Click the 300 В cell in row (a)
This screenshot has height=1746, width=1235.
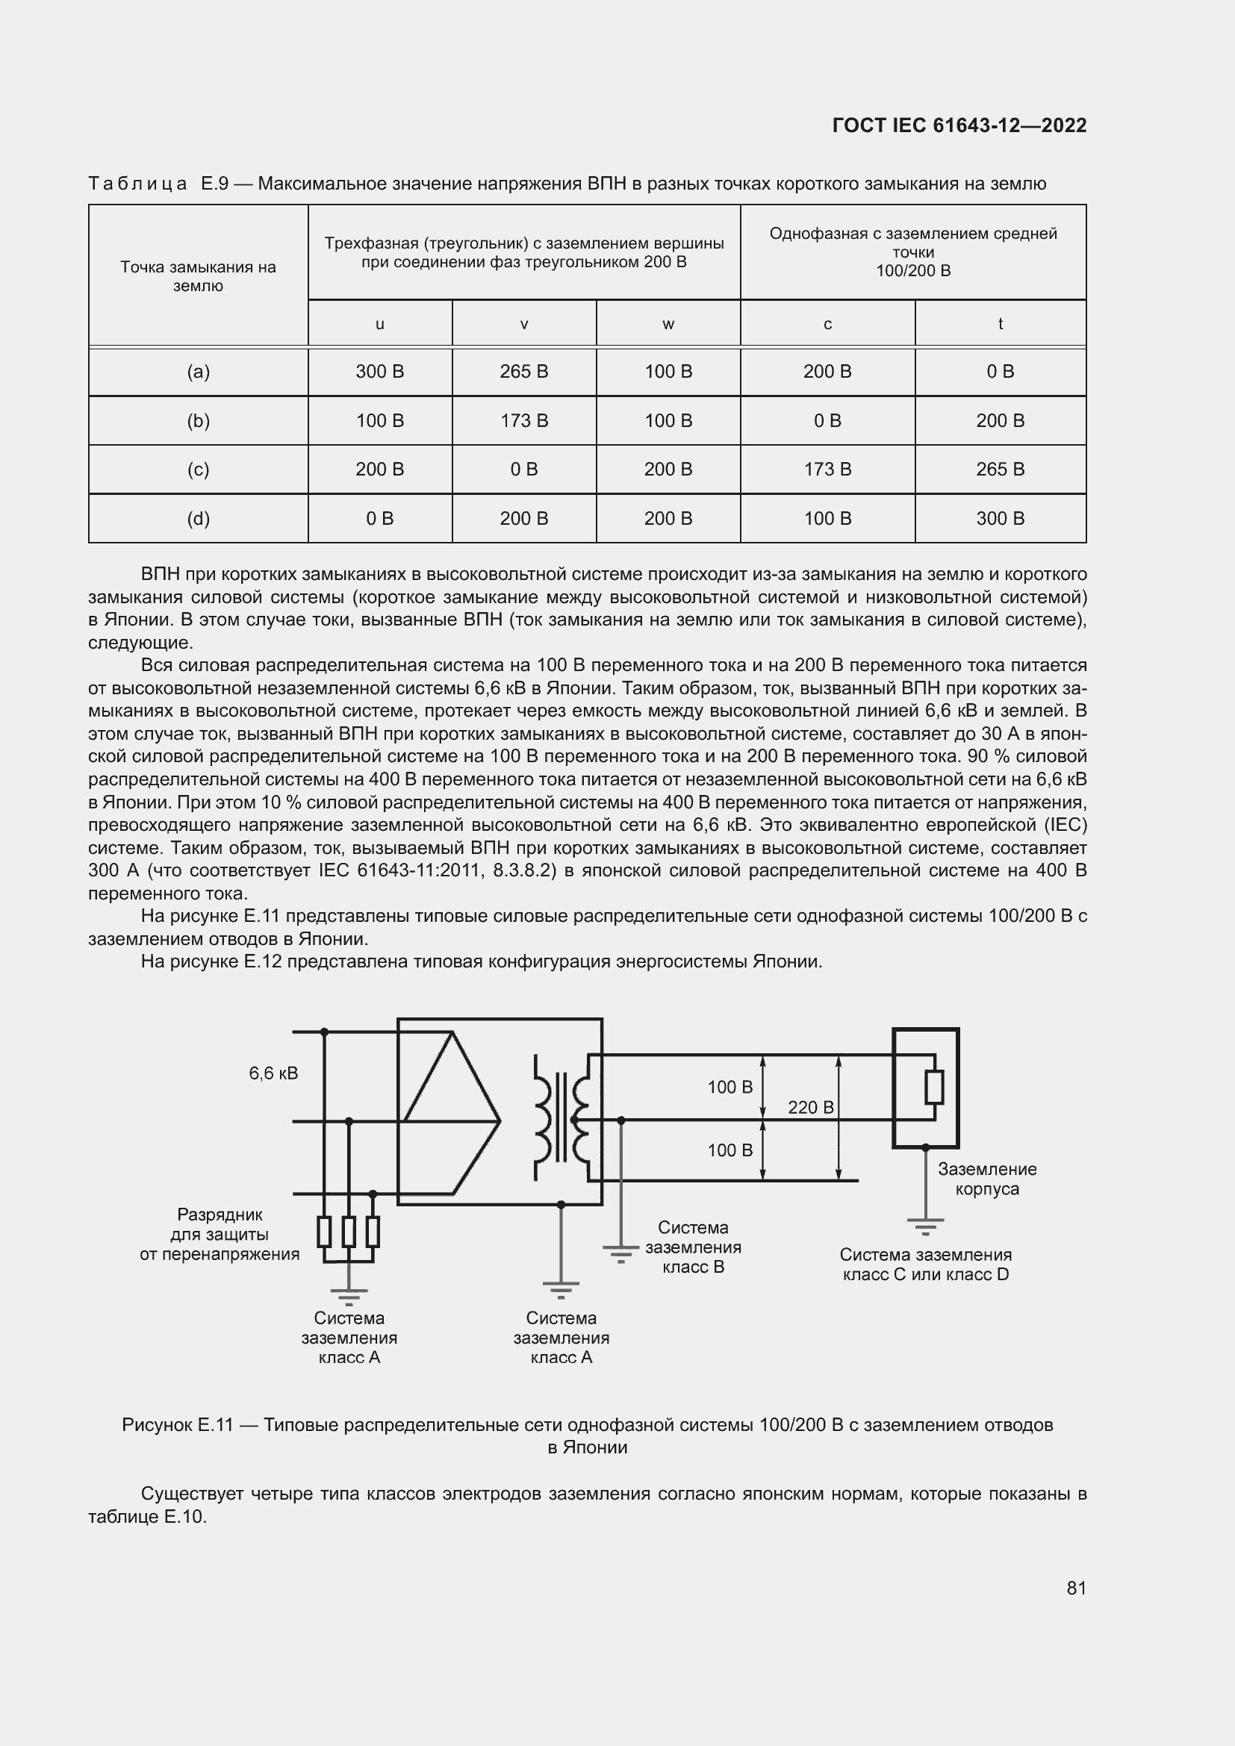(x=379, y=371)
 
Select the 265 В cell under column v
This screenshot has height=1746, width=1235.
(x=523, y=371)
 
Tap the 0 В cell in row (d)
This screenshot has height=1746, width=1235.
(x=379, y=518)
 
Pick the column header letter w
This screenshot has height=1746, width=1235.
(x=668, y=324)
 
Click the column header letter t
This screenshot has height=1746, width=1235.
(x=1000, y=324)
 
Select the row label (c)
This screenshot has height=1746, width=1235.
(x=198, y=470)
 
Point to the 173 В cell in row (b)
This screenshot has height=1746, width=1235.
(x=523, y=420)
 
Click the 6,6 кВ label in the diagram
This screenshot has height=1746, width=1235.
(x=273, y=1073)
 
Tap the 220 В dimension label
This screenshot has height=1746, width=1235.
(x=811, y=1107)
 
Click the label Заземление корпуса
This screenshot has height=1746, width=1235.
(x=986, y=1179)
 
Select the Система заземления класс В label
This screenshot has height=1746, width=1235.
(x=693, y=1247)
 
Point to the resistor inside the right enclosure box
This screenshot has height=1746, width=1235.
(x=934, y=1088)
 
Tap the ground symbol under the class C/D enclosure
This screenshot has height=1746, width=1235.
(x=924, y=1225)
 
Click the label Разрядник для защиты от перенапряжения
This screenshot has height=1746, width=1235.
(x=219, y=1234)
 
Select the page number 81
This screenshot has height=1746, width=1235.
(x=1076, y=1588)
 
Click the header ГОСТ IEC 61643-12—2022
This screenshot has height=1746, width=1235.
(x=959, y=125)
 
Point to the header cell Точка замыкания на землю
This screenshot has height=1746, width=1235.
(x=198, y=276)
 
